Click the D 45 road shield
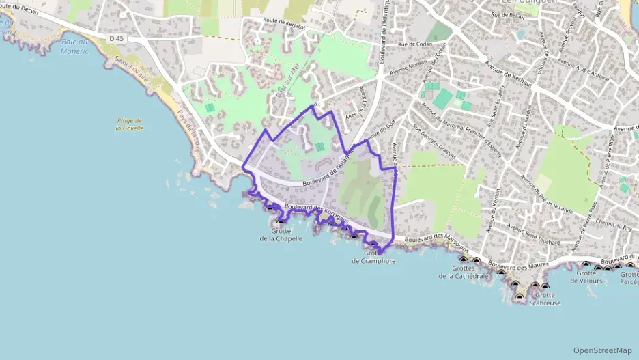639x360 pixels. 117,39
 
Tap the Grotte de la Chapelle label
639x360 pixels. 281,234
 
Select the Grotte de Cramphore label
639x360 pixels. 373,257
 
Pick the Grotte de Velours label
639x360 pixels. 590,277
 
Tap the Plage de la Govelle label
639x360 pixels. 129,124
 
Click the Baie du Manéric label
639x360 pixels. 75,46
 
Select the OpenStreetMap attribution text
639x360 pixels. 603,350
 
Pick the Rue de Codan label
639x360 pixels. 412,44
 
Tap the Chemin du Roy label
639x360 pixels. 613,223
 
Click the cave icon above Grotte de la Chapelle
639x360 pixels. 282,220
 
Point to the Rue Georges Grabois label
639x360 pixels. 434,138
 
